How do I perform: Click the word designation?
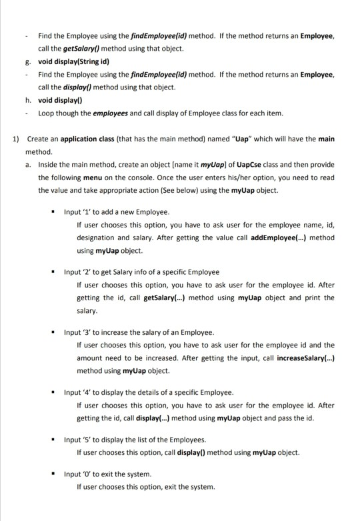[x=97, y=237]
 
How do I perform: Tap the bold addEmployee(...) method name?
[x=295, y=237]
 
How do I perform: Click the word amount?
[x=91, y=358]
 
